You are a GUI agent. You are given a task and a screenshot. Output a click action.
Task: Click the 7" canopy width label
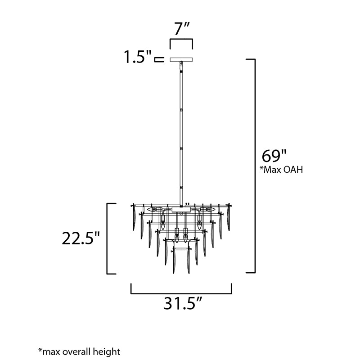tap(181, 28)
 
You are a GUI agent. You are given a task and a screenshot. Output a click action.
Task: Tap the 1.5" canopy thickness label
tap(138, 57)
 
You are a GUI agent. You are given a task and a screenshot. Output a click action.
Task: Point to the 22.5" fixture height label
tap(81, 238)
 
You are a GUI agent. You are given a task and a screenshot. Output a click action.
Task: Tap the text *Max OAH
tap(281, 170)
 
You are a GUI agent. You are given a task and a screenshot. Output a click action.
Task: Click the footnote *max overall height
tap(79, 351)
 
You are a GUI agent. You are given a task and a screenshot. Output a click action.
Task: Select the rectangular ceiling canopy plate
tap(181, 59)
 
